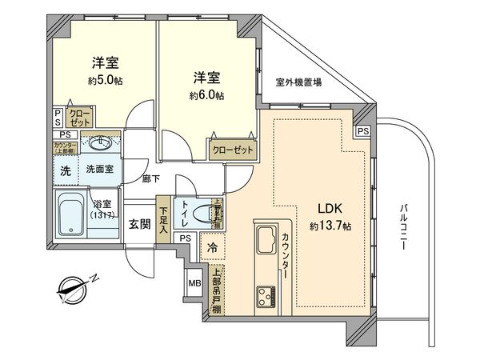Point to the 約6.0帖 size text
coord(206,95)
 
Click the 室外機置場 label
coord(298,82)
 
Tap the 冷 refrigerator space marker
coord(213,248)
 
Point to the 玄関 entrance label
coord(139,223)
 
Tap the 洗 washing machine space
coord(66,170)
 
